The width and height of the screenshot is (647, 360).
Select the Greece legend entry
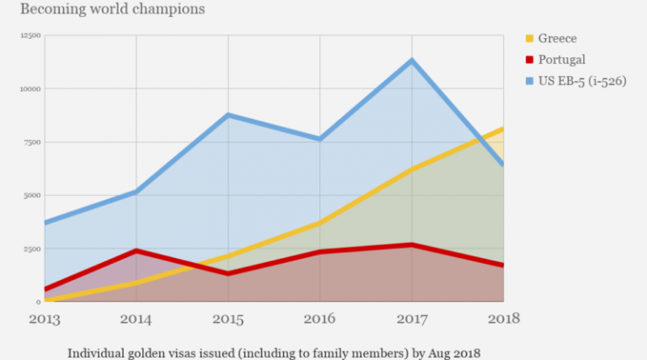pyautogui.click(x=559, y=38)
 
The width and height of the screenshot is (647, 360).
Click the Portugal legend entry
pyautogui.click(x=563, y=59)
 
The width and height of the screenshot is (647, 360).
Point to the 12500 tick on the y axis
pyautogui.click(x=30, y=35)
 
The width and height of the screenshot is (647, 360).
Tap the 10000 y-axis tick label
pyautogui.click(x=30, y=89)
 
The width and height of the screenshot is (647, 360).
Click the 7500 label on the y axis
pyautogui.click(x=32, y=142)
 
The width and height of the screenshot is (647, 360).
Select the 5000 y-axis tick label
pyautogui.click(x=32, y=195)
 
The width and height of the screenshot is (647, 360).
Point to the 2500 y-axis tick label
pyautogui.click(x=32, y=249)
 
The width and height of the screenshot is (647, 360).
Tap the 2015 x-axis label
pyautogui.click(x=227, y=319)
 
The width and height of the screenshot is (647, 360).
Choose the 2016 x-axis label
pyautogui.click(x=319, y=319)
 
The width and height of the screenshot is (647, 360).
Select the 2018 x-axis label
pyautogui.click(x=503, y=319)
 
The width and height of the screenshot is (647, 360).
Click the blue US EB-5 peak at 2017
pyautogui.click(x=412, y=61)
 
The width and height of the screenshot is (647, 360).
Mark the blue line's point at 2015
pyautogui.click(x=227, y=115)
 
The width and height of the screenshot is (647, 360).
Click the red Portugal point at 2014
pyautogui.click(x=135, y=250)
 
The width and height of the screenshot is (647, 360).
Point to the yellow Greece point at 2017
pyautogui.click(x=412, y=169)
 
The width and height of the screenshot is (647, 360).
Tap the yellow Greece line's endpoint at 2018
pyautogui.click(x=503, y=129)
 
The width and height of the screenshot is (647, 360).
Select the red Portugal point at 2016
pyautogui.click(x=319, y=251)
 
